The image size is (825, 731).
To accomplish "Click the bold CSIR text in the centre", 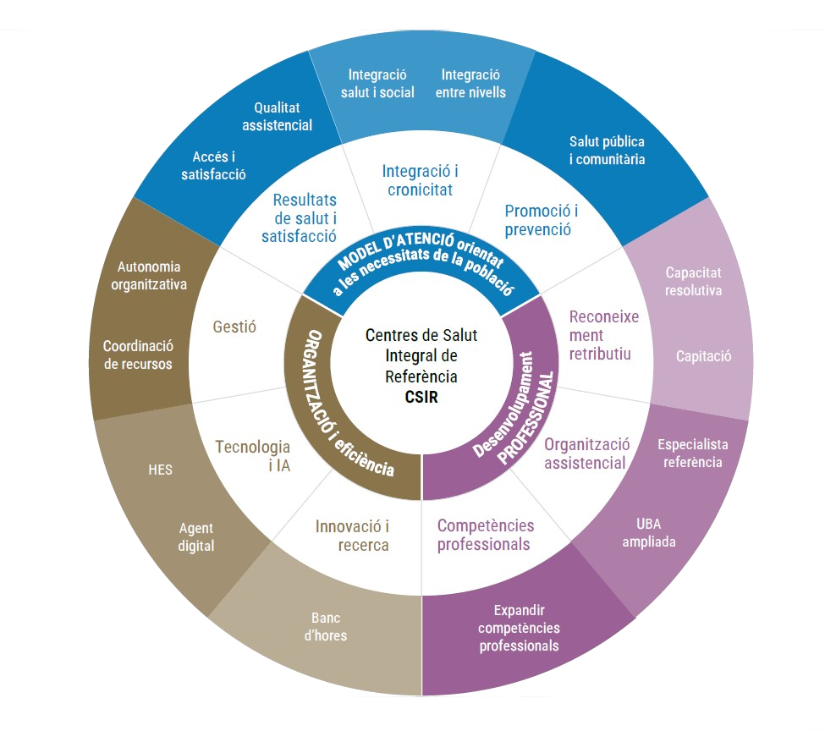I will pyautogui.click(x=421, y=395).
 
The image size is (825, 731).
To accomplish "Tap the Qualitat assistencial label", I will pyautogui.click(x=277, y=117).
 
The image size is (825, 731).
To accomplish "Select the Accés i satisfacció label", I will pyautogui.click(x=213, y=166).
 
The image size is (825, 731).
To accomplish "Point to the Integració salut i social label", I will pyautogui.click(x=377, y=83).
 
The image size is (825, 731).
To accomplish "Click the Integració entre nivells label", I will pyautogui.click(x=470, y=83).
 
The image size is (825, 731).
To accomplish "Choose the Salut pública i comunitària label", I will pyautogui.click(x=607, y=151).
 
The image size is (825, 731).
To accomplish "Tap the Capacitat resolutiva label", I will pyautogui.click(x=693, y=281).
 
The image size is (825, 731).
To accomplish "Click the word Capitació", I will pyautogui.click(x=703, y=356).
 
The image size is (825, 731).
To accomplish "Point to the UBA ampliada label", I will pyautogui.click(x=649, y=533).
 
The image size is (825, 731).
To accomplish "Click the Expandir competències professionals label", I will pyautogui.click(x=519, y=627).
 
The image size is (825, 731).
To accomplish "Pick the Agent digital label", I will pyautogui.click(x=196, y=537).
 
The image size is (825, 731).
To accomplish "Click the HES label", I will pyautogui.click(x=160, y=469).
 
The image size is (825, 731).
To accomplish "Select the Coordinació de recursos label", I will pyautogui.click(x=138, y=355).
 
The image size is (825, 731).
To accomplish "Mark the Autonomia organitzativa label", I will pyautogui.click(x=149, y=276).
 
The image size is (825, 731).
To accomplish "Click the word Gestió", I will pyautogui.click(x=235, y=326).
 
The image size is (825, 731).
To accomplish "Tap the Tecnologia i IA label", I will pyautogui.click(x=252, y=455).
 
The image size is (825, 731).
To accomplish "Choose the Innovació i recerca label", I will pyautogui.click(x=352, y=536).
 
